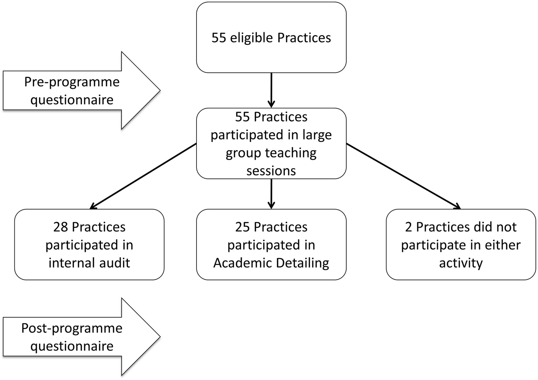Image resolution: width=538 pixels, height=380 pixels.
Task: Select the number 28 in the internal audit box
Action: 60,227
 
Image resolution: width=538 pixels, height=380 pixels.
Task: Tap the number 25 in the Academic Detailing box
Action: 242,227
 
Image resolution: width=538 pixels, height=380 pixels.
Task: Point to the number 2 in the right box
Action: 409,227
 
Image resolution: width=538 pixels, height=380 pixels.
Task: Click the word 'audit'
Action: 114,263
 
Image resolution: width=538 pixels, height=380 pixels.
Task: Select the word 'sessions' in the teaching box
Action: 271,171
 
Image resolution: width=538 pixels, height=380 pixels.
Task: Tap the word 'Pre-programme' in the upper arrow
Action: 72,82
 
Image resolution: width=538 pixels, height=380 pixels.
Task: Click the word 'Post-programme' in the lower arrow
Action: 72,328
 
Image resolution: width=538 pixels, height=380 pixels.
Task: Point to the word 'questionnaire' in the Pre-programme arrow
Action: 72,100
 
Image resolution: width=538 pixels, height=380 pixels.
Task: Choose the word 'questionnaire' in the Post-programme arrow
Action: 72,346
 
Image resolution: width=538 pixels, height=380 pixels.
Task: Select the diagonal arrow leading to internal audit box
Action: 143,176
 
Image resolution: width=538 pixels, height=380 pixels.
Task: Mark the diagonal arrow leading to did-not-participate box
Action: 403,176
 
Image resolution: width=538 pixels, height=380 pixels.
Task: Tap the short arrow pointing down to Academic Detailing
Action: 271,194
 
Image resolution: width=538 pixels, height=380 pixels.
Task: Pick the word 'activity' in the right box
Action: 461,263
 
